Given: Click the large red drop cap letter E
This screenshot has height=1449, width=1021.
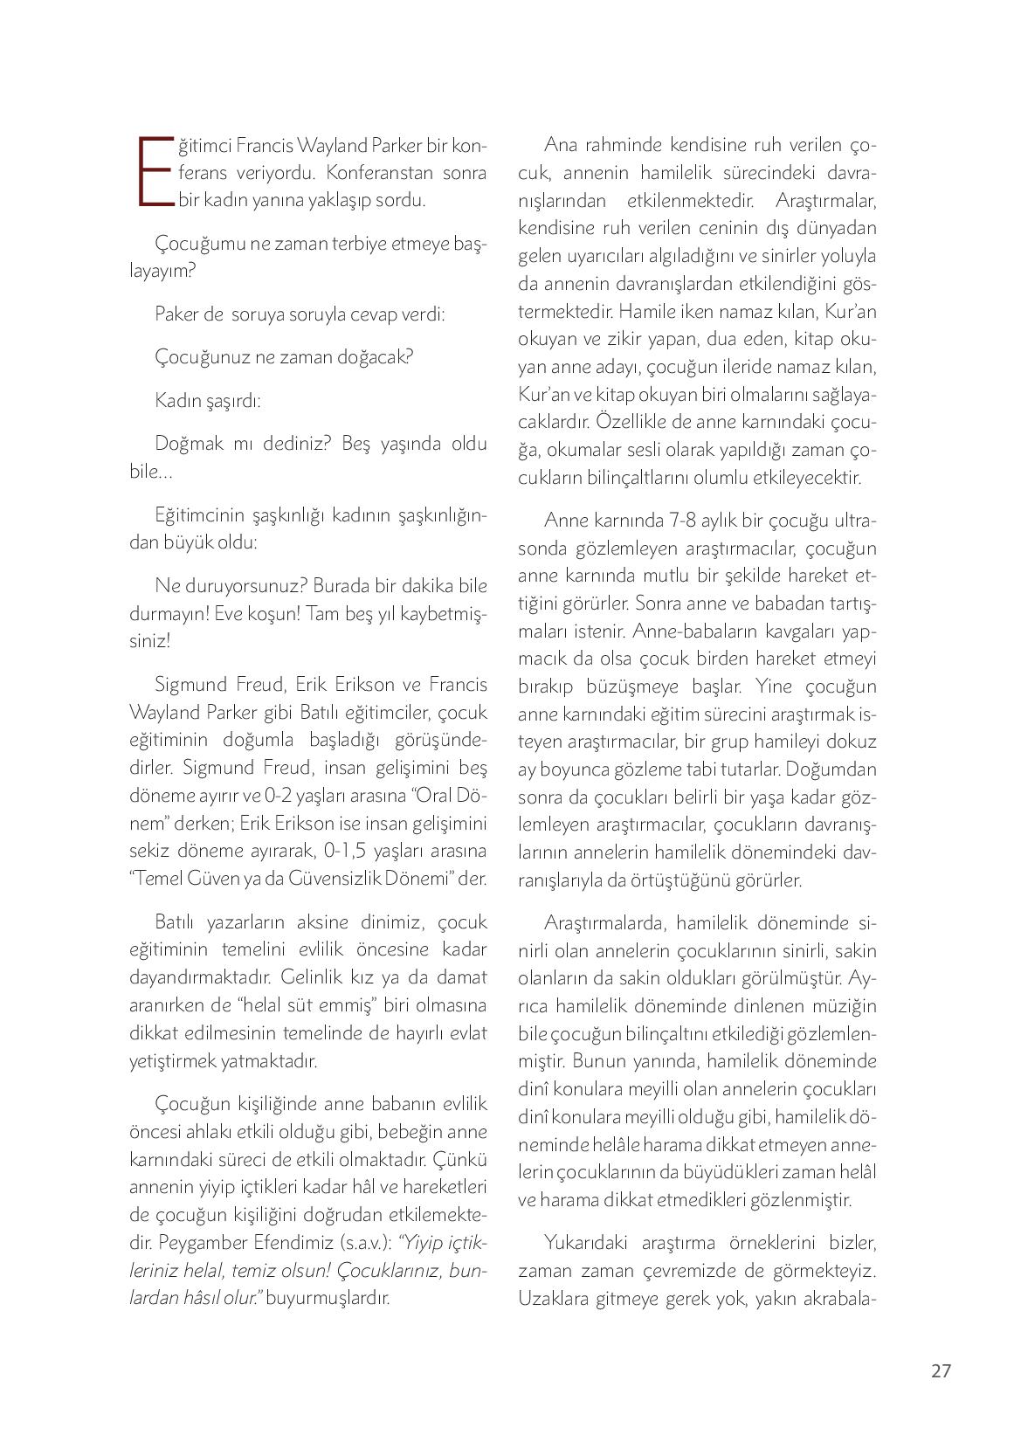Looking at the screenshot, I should [x=155, y=171].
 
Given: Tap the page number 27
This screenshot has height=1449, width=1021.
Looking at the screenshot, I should [x=940, y=1370].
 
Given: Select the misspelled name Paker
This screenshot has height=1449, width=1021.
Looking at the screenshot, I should [x=176, y=314].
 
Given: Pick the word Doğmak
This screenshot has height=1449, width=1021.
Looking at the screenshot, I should [x=185, y=443].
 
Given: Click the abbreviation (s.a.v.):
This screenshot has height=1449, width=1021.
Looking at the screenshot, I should [x=358, y=1242].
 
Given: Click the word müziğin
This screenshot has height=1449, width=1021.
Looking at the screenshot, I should [x=840, y=1006].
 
